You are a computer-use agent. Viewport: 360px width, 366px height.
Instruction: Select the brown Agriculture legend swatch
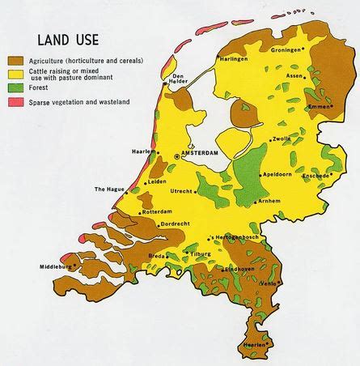click(15, 60)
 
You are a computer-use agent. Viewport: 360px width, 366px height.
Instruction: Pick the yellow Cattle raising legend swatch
click(15, 74)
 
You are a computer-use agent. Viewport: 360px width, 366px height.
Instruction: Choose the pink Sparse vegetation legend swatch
click(15, 102)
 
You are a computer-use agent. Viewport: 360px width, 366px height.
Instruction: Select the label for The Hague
click(109, 189)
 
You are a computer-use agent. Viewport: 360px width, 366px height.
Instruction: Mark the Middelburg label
click(54, 266)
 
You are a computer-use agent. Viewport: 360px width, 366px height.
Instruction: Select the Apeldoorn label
click(277, 175)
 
